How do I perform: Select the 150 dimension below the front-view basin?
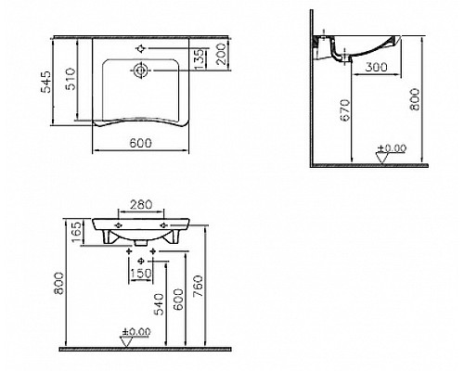(139, 273)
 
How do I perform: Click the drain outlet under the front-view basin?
(139, 246)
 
